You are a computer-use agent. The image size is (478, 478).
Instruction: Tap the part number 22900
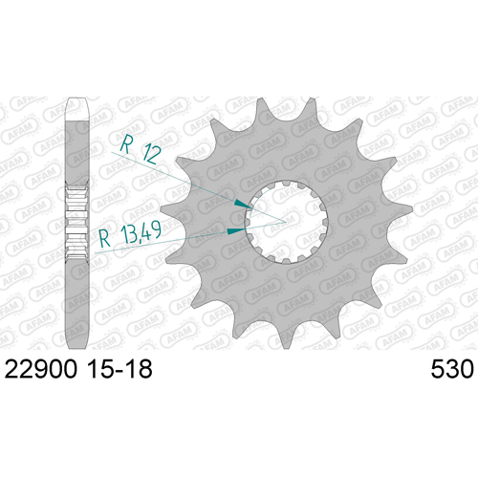click(x=41, y=370)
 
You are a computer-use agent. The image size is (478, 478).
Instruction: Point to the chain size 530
click(x=452, y=370)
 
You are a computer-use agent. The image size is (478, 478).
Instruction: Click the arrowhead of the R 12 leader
click(x=243, y=204)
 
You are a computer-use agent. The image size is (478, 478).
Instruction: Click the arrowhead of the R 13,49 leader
click(x=236, y=230)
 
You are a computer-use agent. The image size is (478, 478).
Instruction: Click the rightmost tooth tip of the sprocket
click(x=411, y=208)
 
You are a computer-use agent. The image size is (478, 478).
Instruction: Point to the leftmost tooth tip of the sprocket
click(x=162, y=209)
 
